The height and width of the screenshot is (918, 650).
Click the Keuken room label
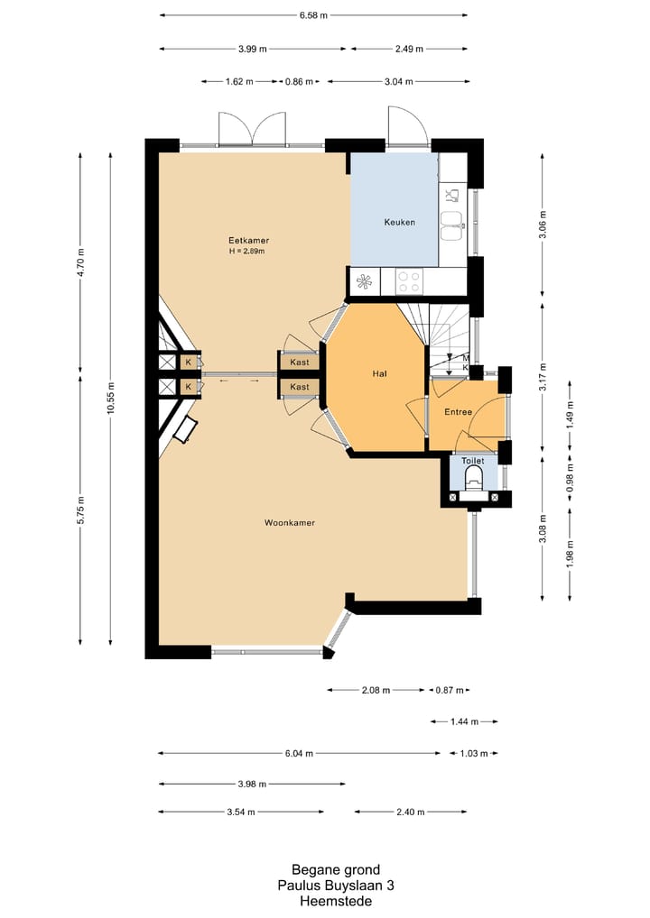[x=400, y=222]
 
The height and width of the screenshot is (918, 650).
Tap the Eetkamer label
[x=248, y=240]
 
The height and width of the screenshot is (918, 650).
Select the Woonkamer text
[x=290, y=522]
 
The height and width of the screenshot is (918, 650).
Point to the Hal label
[x=380, y=373]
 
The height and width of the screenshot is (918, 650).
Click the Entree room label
[x=459, y=411]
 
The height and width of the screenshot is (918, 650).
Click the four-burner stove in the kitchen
[x=409, y=281]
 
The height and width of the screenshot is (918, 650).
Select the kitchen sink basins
[x=452, y=226]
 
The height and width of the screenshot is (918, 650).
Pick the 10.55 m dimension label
[x=111, y=398]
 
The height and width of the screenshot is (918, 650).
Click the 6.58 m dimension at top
[x=313, y=15]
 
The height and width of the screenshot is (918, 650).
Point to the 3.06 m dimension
[x=543, y=225]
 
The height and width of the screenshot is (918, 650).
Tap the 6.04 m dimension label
[x=299, y=754]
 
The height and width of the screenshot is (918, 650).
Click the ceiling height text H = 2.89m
[x=246, y=252]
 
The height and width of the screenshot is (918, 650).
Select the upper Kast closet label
[x=300, y=362]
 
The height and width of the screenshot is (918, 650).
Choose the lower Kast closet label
[x=300, y=386]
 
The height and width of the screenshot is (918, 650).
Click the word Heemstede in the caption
[x=336, y=901]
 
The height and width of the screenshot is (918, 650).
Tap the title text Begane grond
[x=336, y=869]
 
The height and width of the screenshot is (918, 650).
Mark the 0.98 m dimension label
[x=571, y=478]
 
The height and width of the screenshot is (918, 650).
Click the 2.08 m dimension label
[x=376, y=690]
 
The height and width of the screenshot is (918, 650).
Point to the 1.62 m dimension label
[x=239, y=81]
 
